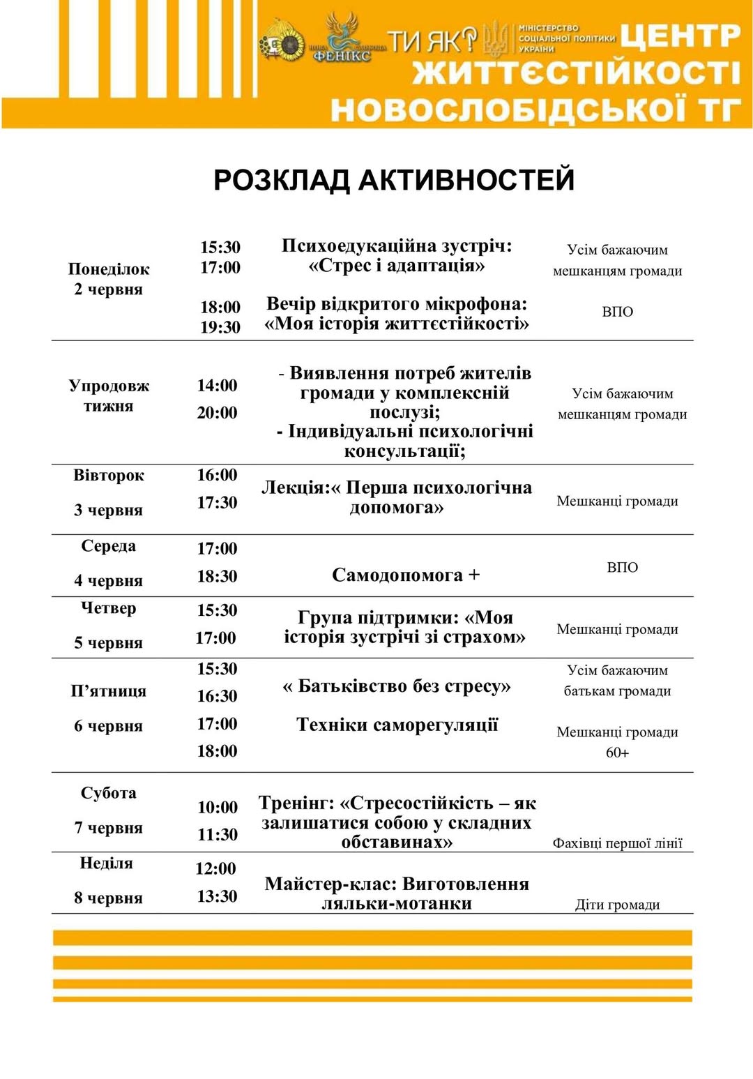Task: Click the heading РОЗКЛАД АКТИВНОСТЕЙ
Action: tap(394, 180)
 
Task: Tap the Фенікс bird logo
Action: tap(342, 38)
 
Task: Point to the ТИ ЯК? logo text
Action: tap(432, 41)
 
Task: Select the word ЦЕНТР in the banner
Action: tap(680, 37)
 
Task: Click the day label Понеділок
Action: tap(109, 269)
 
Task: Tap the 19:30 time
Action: tap(220, 327)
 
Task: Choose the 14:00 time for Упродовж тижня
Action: tap(217, 386)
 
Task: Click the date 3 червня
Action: tap(108, 510)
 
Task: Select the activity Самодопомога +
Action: tap(406, 575)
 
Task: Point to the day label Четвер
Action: tap(108, 608)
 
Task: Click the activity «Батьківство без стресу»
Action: tap(397, 686)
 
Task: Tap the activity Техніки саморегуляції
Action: tap(397, 725)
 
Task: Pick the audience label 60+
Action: tap(617, 753)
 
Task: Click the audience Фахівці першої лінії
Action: tap(617, 843)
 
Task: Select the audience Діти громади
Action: tap(617, 905)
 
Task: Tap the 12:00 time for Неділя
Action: tap(215, 869)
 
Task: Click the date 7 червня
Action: tap(108, 828)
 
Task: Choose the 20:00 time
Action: tap(217, 413)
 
